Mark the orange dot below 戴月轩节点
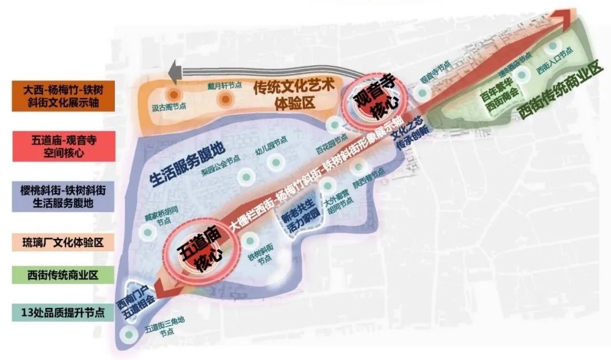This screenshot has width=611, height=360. click(x=226, y=100)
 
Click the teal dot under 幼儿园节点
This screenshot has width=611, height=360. click(x=276, y=163)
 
